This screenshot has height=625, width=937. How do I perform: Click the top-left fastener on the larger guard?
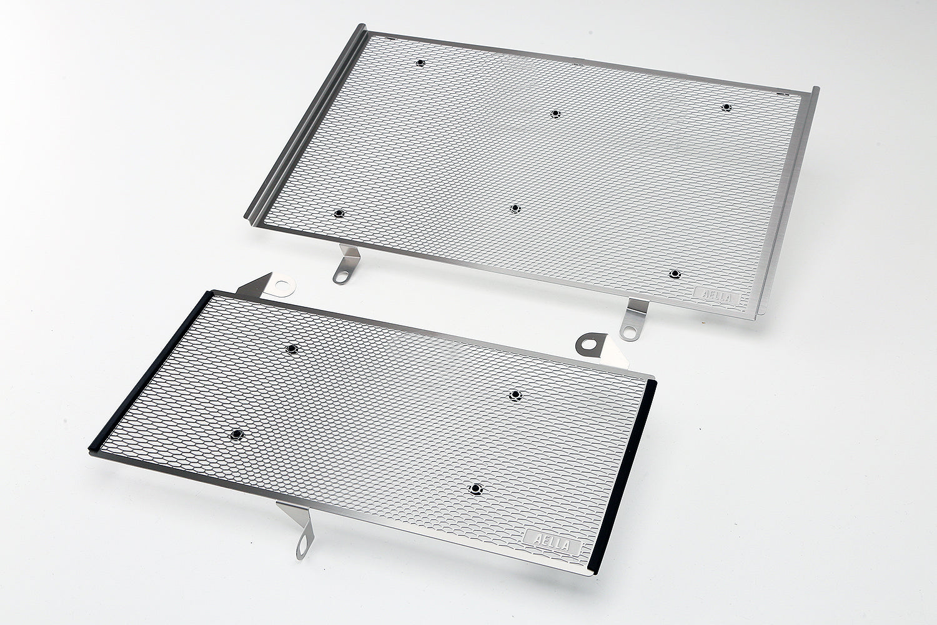pos(419,63)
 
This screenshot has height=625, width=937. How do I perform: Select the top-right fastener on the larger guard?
pos(725,107)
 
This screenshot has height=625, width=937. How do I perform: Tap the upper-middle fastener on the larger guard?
pos(555,113)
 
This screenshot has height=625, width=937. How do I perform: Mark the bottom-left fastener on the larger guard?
pos(339,214)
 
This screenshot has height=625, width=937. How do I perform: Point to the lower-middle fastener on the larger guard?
pos(514,208)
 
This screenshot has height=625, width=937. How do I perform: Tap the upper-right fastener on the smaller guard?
pos(515,394)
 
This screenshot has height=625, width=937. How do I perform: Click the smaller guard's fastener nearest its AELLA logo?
pos(476,487)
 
